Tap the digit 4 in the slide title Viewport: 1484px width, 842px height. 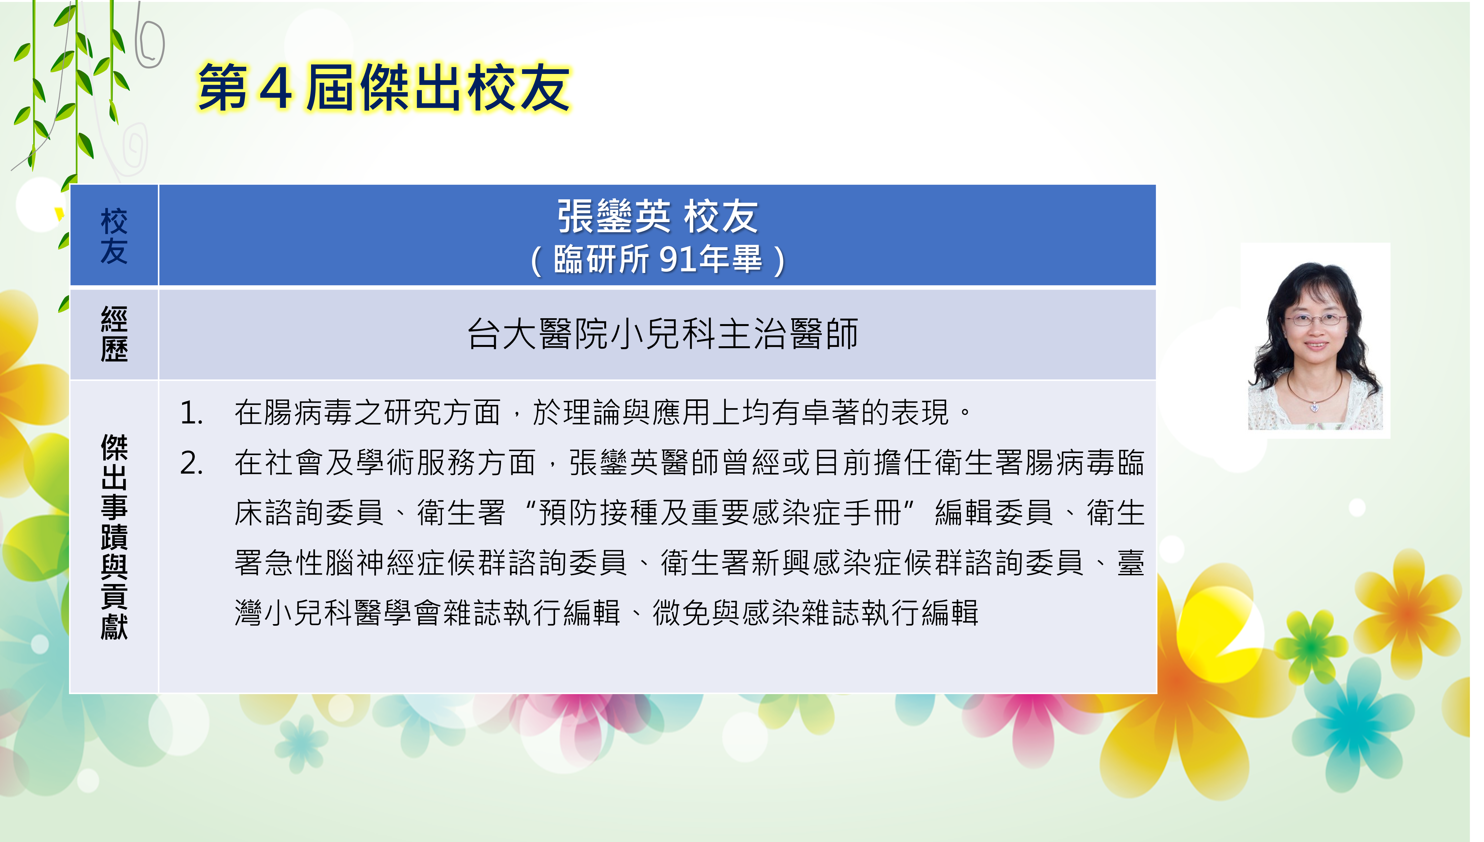(x=276, y=88)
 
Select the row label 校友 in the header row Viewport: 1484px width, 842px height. (x=114, y=236)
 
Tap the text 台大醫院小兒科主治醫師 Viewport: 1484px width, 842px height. (x=663, y=334)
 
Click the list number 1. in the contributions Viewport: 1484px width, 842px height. (x=191, y=413)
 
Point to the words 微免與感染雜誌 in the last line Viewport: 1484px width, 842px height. (x=756, y=613)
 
